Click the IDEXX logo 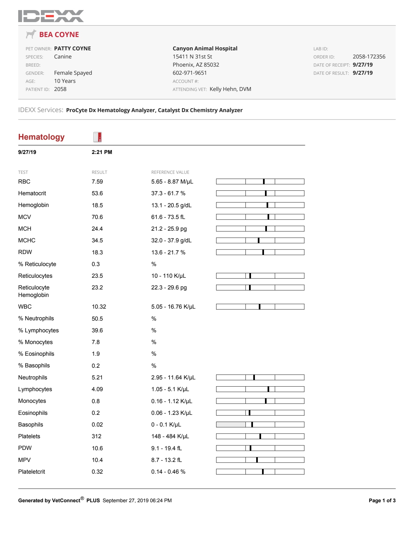pyautogui.click(x=51, y=16)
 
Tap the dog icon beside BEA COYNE pyautogui.click(x=31, y=34)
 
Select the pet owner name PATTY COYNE pyautogui.click(x=72, y=48)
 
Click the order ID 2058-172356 pyautogui.click(x=369, y=57)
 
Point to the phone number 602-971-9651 pyautogui.click(x=190, y=73)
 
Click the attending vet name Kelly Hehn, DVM pyautogui.click(x=230, y=89)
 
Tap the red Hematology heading pyautogui.click(x=41, y=137)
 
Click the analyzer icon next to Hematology pyautogui.click(x=97, y=137)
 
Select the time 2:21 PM pyautogui.click(x=102, y=152)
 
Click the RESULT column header pyautogui.click(x=99, y=172)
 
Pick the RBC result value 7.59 pyautogui.click(x=97, y=182)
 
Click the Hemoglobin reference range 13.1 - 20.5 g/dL pyautogui.click(x=171, y=205)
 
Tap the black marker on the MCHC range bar pyautogui.click(x=258, y=240)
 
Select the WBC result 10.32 pyautogui.click(x=99, y=307)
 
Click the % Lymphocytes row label pyautogui.click(x=38, y=330)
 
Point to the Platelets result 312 pyautogui.click(x=96, y=436)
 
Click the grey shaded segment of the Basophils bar pyautogui.click(x=231, y=425)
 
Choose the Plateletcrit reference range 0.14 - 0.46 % pyautogui.click(x=168, y=472)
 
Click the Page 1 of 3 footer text pyautogui.click(x=382, y=501)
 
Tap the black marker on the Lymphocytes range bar pyautogui.click(x=268, y=389)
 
